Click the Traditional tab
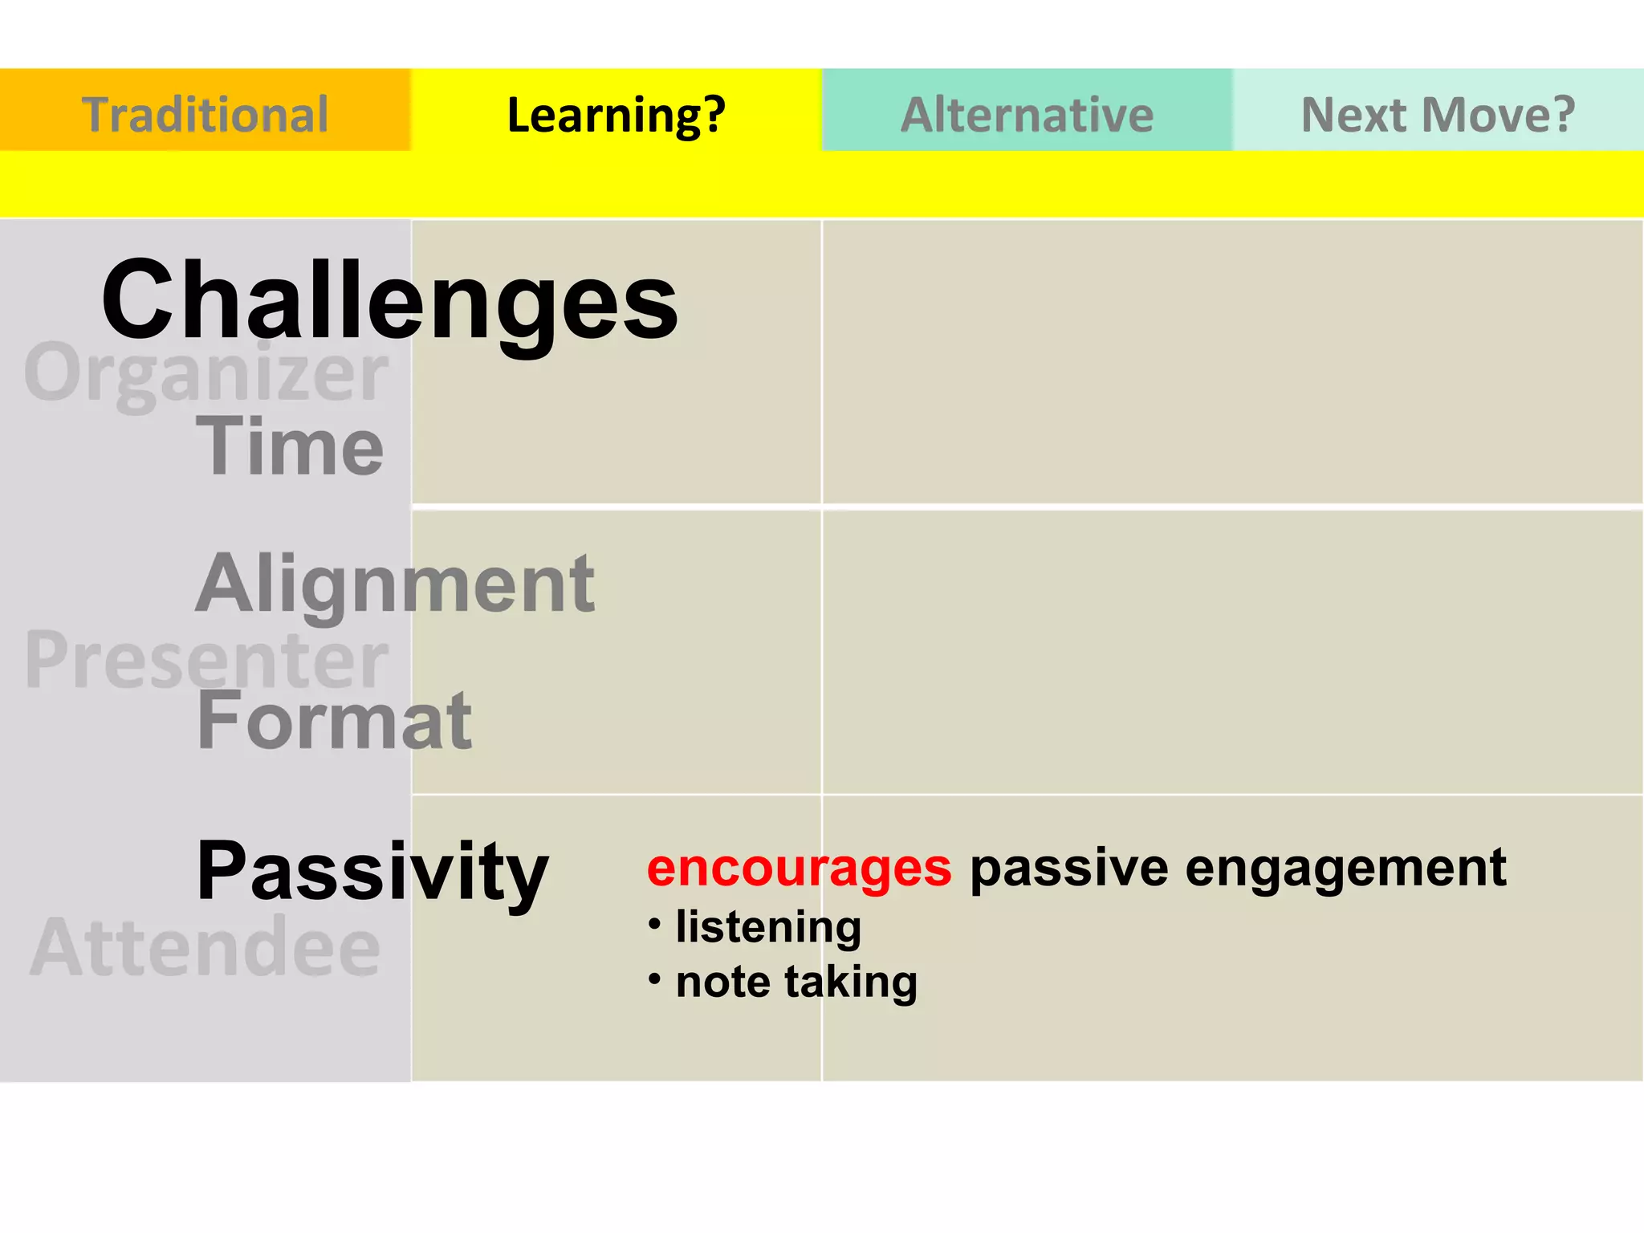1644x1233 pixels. point(205,113)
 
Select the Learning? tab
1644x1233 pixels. point(616,113)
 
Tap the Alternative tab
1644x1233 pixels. point(1027,113)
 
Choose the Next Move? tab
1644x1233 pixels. point(1437,113)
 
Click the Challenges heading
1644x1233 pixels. point(389,301)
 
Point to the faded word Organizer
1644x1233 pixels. point(206,372)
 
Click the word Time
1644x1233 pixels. point(290,446)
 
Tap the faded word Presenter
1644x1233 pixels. point(206,660)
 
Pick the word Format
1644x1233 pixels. point(334,721)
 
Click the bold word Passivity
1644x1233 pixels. point(372,871)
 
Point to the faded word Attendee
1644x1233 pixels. point(205,948)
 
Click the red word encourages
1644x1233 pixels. point(799,869)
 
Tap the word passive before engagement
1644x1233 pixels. point(1068,869)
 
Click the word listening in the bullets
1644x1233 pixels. point(768,927)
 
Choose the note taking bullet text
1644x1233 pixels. point(796,982)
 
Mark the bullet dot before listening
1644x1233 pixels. point(655,925)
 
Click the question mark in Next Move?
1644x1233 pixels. point(1561,113)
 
